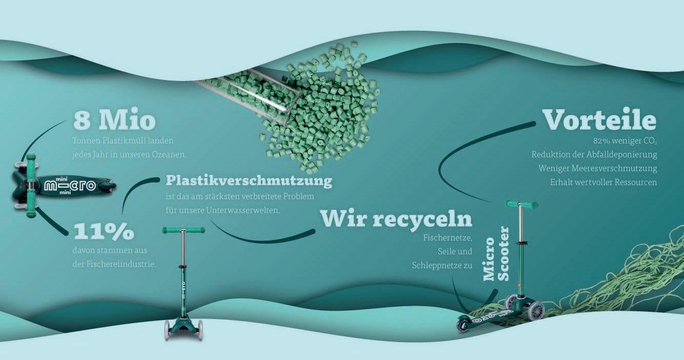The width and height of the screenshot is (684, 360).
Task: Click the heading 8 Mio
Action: (114, 120)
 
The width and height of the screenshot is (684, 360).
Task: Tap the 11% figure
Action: (104, 231)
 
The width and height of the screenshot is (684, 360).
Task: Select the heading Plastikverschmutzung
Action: (249, 181)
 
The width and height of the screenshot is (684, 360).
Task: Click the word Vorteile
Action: (599, 119)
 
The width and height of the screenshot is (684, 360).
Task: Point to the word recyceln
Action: (422, 218)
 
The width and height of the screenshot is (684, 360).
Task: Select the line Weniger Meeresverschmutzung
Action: (597, 168)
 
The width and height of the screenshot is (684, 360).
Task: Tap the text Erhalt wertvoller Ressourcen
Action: (603, 182)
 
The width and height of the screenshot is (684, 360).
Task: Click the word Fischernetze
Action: (448, 238)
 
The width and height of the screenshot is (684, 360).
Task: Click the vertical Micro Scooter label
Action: (496, 253)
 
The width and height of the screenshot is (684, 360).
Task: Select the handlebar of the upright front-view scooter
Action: (184, 230)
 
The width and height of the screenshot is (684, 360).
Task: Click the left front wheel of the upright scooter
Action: (167, 330)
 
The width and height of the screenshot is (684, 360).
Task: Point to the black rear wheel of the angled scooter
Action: (463, 325)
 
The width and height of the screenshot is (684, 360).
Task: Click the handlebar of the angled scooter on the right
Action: (522, 205)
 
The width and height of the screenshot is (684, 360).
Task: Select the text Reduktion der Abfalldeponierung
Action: (594, 154)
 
